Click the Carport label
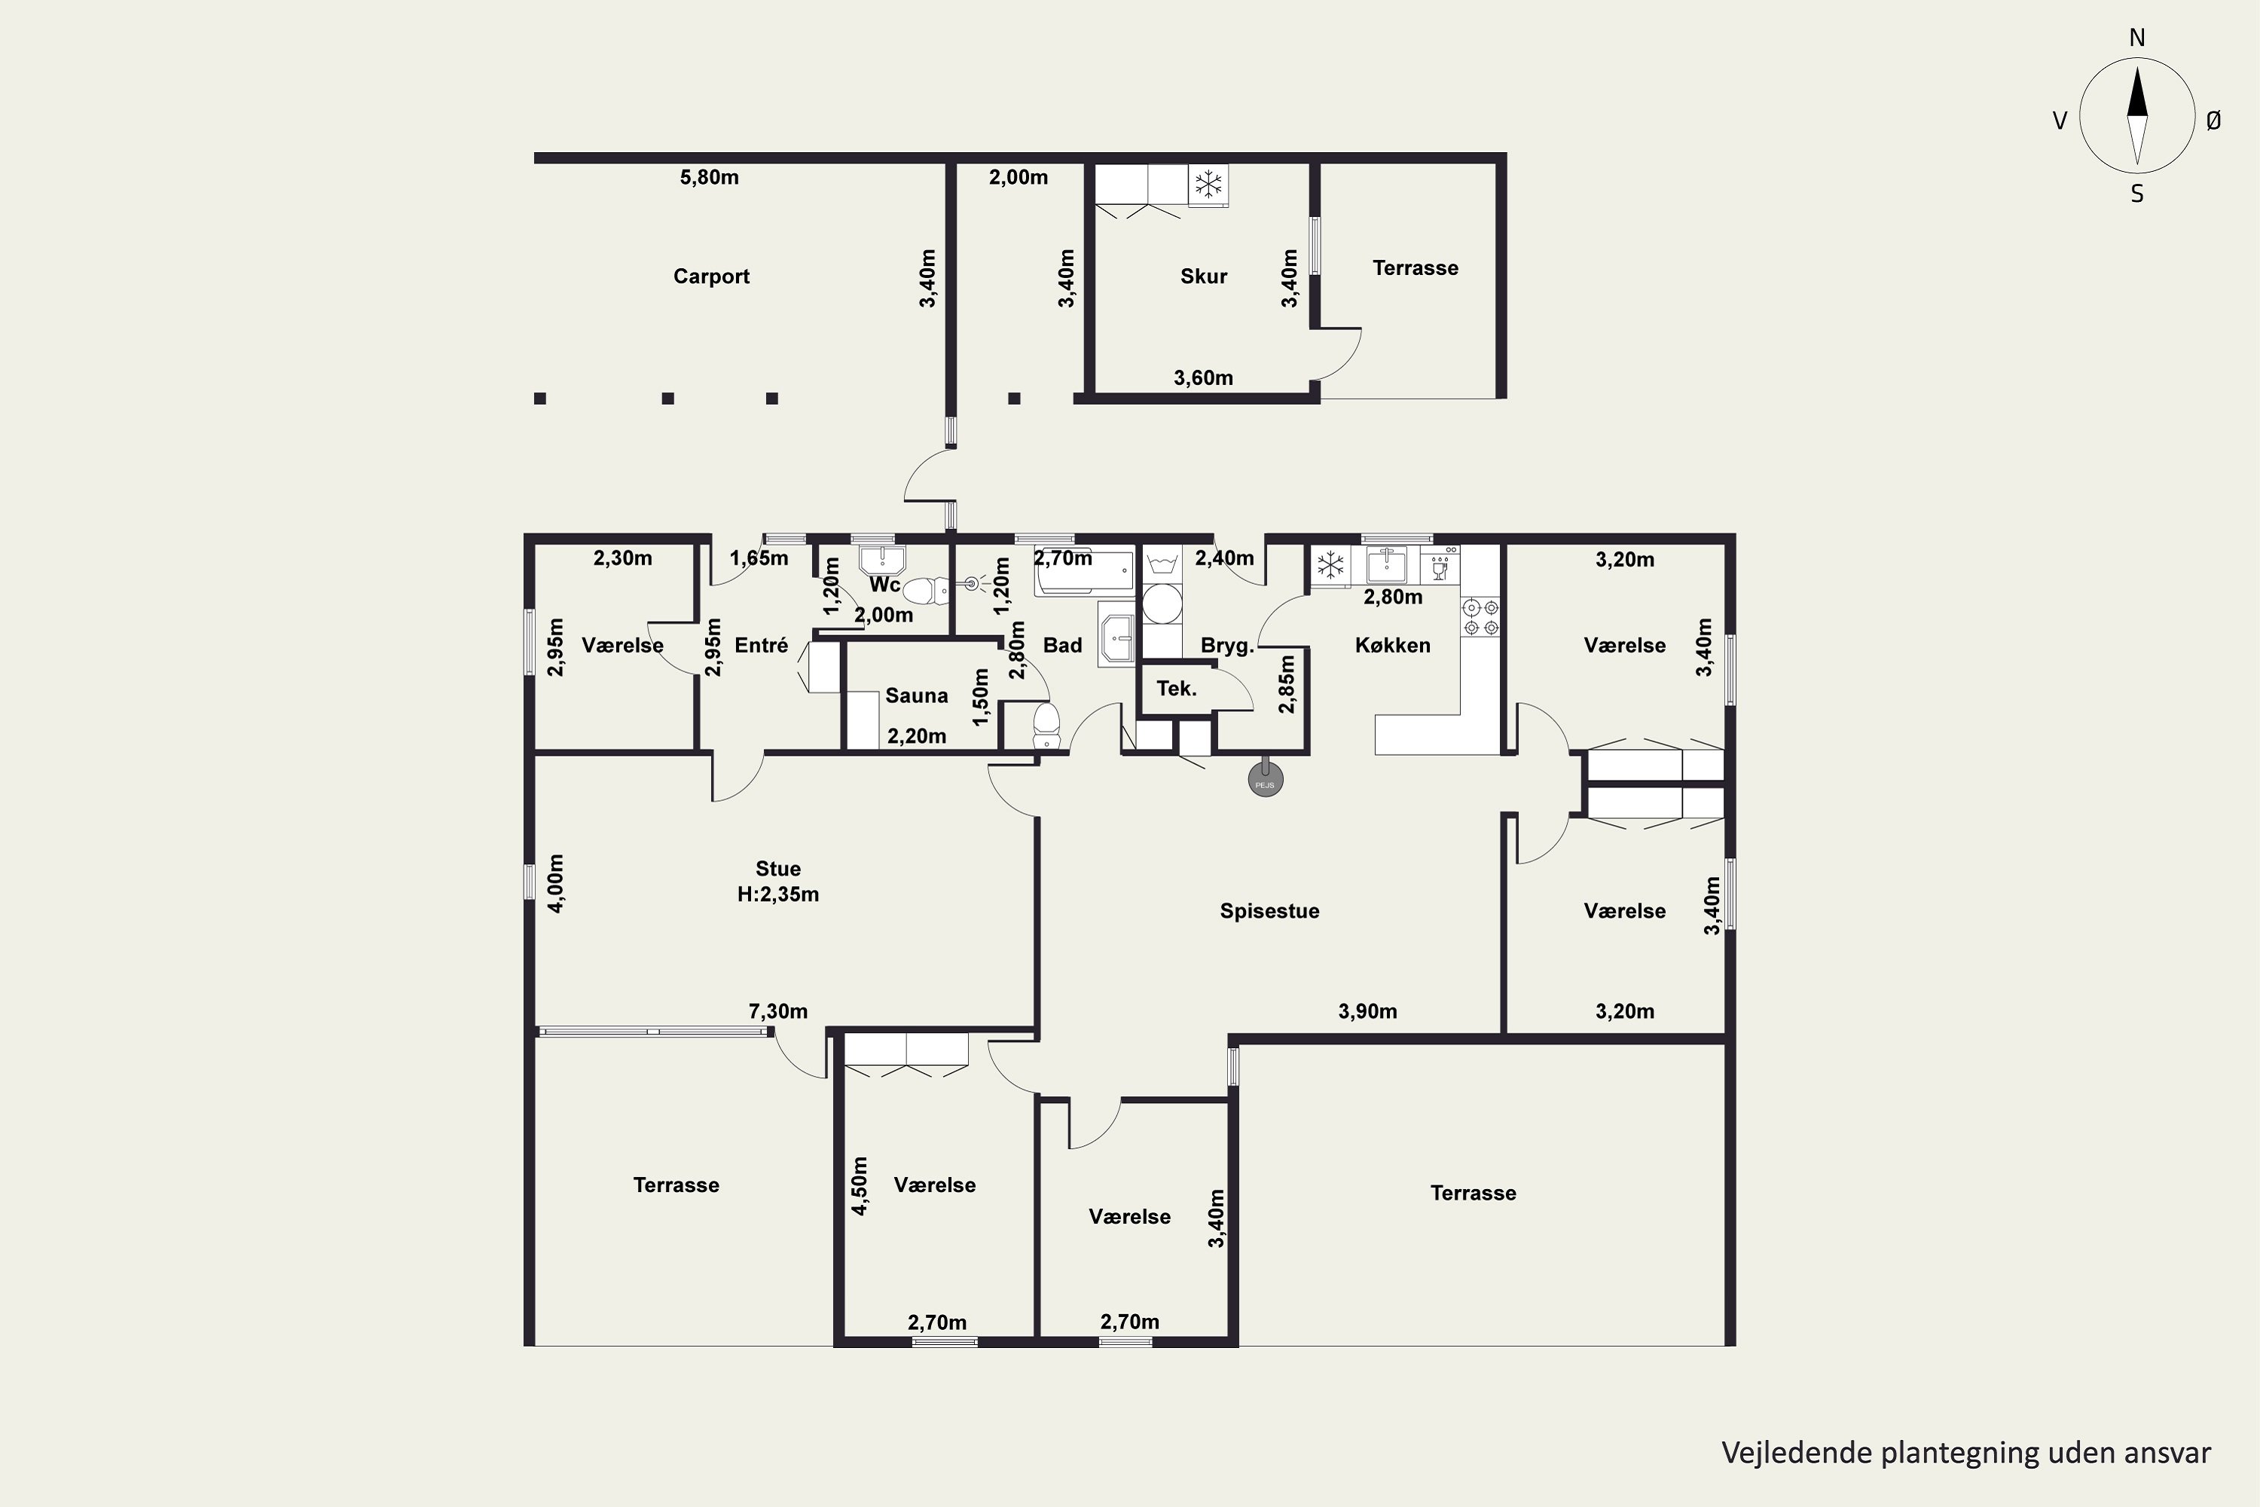pos(711,277)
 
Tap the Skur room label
pos(1204,277)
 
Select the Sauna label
pos(917,695)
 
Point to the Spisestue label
pos(1269,911)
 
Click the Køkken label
pos(1392,646)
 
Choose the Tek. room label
pos(1176,688)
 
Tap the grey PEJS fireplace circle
pos(1266,781)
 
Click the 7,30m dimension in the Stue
pos(778,1011)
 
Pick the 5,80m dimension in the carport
pos(709,177)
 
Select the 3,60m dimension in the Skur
pos(1203,378)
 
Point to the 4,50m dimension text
pos(860,1186)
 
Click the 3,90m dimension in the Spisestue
pos(1367,1011)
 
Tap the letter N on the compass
pos(2137,38)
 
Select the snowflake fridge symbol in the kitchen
pos(1331,565)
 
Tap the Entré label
pos(761,646)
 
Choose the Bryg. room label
pos(1227,646)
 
